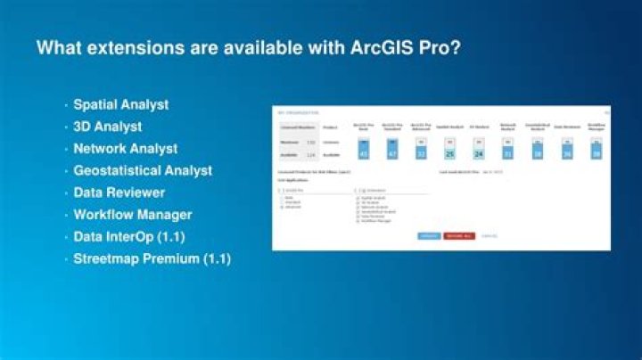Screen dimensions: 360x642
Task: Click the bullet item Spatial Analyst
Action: (120, 104)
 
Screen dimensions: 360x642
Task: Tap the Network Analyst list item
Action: (125, 149)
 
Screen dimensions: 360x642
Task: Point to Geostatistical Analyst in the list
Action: (143, 170)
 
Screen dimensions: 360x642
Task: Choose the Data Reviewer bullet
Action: (119, 192)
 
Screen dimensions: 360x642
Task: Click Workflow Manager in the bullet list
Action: (132, 215)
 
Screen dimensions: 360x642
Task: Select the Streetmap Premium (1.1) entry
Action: (152, 259)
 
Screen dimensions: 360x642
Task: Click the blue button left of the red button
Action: (429, 236)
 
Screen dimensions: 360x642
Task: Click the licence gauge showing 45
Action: (363, 149)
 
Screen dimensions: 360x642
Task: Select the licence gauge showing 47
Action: (391, 149)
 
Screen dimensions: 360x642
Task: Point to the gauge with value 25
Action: (449, 150)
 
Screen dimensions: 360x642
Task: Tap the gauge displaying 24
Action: (478, 150)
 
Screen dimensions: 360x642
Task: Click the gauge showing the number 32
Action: (420, 150)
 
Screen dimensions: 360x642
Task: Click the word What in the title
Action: (60, 46)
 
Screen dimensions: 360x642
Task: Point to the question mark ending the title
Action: (456, 46)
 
